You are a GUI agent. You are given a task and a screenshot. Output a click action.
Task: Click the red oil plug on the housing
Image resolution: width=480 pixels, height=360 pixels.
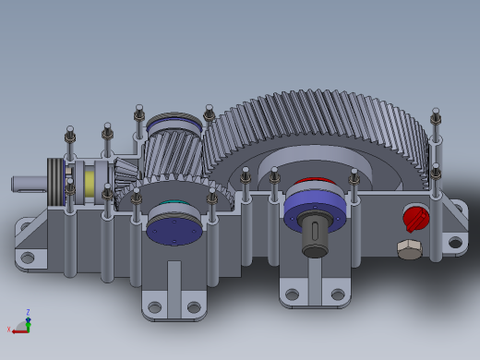click(x=416, y=219)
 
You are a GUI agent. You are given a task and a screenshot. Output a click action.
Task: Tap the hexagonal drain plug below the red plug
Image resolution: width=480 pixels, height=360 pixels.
click(x=409, y=249)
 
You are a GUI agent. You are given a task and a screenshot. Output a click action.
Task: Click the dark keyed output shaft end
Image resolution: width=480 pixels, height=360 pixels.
click(x=315, y=237)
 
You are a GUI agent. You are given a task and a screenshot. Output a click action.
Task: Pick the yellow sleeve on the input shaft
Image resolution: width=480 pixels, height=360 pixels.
click(x=90, y=182)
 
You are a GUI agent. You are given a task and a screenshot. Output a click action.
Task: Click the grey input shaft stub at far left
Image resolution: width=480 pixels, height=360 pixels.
click(x=28, y=183)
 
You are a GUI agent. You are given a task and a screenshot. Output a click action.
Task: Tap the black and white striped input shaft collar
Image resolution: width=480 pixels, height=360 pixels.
click(x=56, y=177)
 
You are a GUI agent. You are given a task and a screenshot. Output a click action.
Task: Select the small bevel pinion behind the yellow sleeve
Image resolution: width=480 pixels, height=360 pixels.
click(x=126, y=174)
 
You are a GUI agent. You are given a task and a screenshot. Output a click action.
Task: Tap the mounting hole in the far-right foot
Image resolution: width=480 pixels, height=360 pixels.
click(x=453, y=244)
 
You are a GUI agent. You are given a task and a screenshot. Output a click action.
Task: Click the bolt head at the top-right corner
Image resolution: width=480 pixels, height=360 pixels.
click(x=436, y=115)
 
